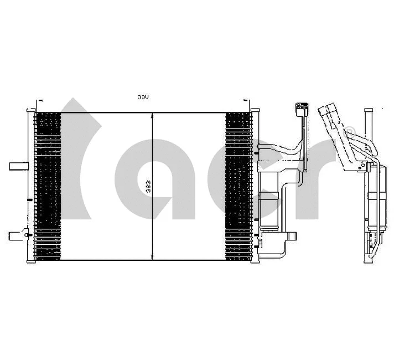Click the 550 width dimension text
pyautogui.click(x=143, y=97)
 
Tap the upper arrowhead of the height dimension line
pyautogui.click(x=152, y=116)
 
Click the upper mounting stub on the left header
pyautogui.click(x=18, y=166)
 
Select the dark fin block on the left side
pyautogui.click(x=48, y=186)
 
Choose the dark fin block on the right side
pyautogui.click(x=237, y=186)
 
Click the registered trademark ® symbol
pyautogui.click(x=349, y=131)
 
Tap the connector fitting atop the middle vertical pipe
pyautogui.click(x=302, y=106)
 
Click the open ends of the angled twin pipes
pyautogui.click(x=330, y=107)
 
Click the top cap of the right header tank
pyautogui.click(x=255, y=111)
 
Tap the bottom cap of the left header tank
pyautogui.click(x=30, y=260)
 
